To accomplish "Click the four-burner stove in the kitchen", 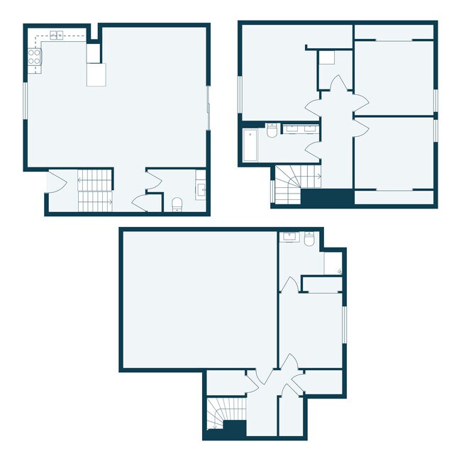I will pos(34,56).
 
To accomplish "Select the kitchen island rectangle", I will pos(96,74).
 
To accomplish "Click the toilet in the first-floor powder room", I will pos(177,204).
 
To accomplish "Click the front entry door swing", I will pos(56,184).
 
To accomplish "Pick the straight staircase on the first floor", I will pos(95,190).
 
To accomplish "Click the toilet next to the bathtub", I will pos(272,132).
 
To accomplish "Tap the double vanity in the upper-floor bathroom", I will pos(301,128).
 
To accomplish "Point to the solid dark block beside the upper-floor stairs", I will pos(328,199).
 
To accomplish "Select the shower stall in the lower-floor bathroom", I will pos(333,262).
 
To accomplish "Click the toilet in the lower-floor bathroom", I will pos(309,240).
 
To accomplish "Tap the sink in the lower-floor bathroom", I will pos(289,236).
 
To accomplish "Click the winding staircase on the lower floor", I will pos(219,415).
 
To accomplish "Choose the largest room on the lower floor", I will pos(198,298).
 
